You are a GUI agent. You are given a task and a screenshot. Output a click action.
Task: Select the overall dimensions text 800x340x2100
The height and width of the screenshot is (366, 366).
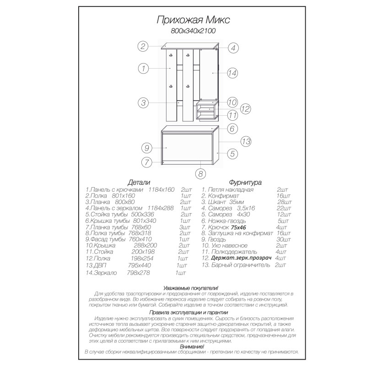[x=193, y=31]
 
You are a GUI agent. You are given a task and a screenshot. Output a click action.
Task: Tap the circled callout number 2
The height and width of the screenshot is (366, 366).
[x=143, y=46]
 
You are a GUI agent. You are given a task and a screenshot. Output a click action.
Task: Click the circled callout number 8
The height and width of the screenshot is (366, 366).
[x=199, y=173]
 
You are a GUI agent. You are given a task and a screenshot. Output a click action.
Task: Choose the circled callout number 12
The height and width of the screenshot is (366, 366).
[x=245, y=109]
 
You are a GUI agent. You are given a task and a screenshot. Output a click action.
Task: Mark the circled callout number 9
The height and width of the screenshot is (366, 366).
[x=146, y=148]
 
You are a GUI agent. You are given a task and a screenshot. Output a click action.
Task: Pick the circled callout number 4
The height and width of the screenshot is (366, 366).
[x=232, y=48]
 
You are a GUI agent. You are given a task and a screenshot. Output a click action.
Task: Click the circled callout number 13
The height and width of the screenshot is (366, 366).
[x=246, y=142]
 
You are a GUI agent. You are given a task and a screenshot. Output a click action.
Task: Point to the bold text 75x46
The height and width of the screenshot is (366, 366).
[x=239, y=227]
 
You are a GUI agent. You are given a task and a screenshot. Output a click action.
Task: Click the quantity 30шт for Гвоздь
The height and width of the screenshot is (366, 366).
[x=284, y=239]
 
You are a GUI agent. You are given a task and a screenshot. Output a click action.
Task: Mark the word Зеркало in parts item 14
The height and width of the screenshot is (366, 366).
[x=104, y=273]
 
